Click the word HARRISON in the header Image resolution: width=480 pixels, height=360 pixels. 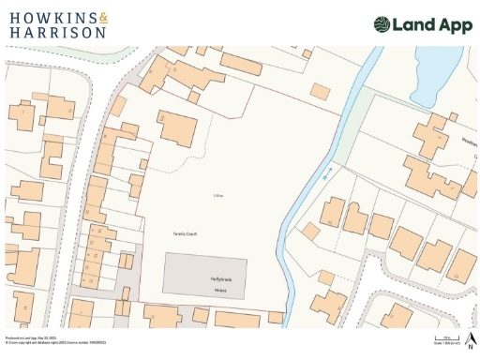(57, 32)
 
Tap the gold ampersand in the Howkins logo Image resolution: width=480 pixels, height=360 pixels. (103, 18)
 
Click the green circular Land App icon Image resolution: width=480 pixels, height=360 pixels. (382, 25)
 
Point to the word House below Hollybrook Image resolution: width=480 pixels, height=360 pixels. (206, 291)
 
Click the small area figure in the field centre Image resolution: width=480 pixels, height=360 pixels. (217, 194)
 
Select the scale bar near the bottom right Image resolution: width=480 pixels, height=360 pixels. (448, 337)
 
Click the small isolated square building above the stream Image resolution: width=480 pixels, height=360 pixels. (321, 91)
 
